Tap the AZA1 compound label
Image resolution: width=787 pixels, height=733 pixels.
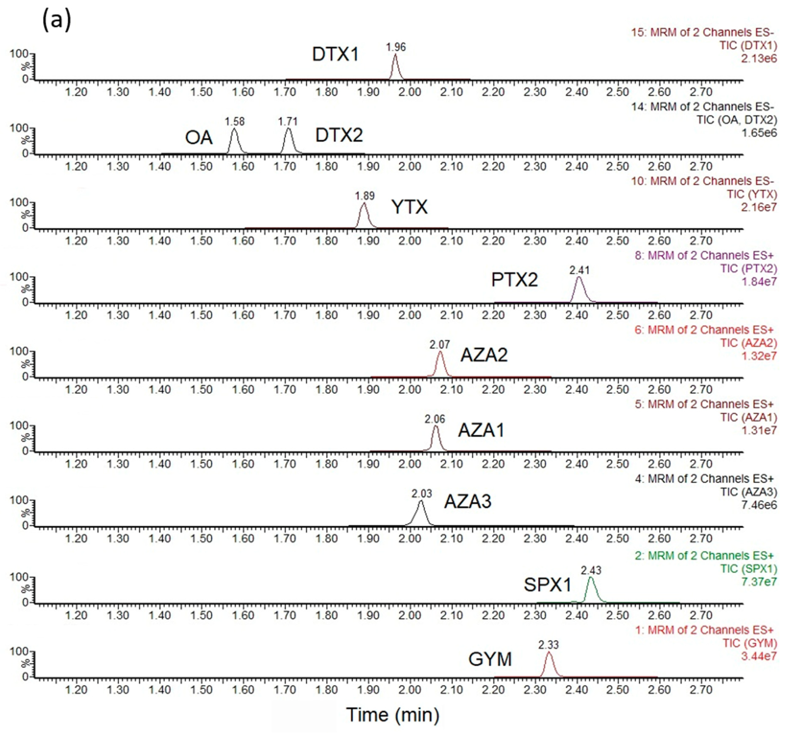point(481,430)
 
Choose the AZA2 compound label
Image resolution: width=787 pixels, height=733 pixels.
point(484,355)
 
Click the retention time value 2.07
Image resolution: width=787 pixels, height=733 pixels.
point(439,345)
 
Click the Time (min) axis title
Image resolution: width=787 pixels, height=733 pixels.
point(393,715)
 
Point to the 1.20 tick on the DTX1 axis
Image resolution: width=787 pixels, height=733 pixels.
point(76,92)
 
